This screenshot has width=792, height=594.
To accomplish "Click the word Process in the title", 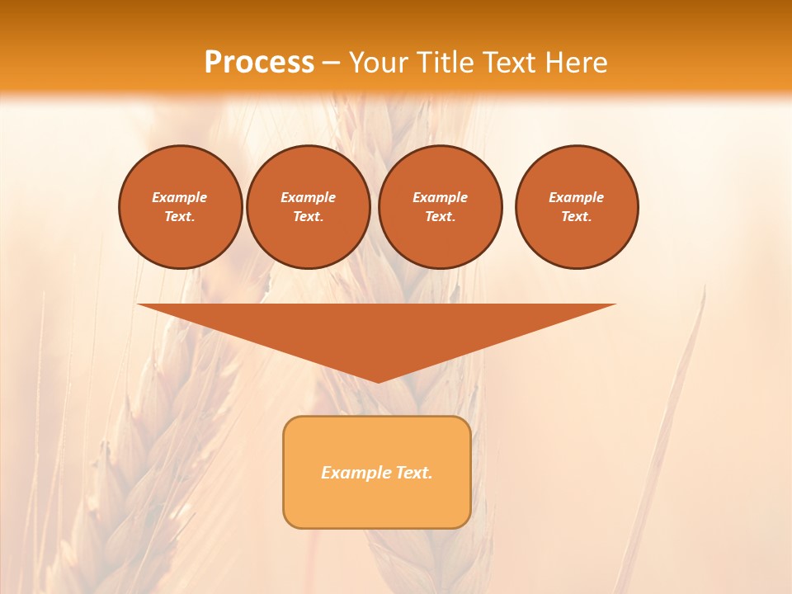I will [x=259, y=63].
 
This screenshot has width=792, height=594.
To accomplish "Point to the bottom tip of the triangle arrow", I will [x=378, y=381].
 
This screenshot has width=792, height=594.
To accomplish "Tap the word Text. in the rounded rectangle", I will [x=414, y=473].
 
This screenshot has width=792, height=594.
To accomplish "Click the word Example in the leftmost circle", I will [x=180, y=197].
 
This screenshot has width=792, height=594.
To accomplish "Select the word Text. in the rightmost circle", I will [x=577, y=216].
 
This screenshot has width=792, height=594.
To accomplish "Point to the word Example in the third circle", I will [x=440, y=197].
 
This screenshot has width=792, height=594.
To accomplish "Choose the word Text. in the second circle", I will [x=308, y=216].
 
